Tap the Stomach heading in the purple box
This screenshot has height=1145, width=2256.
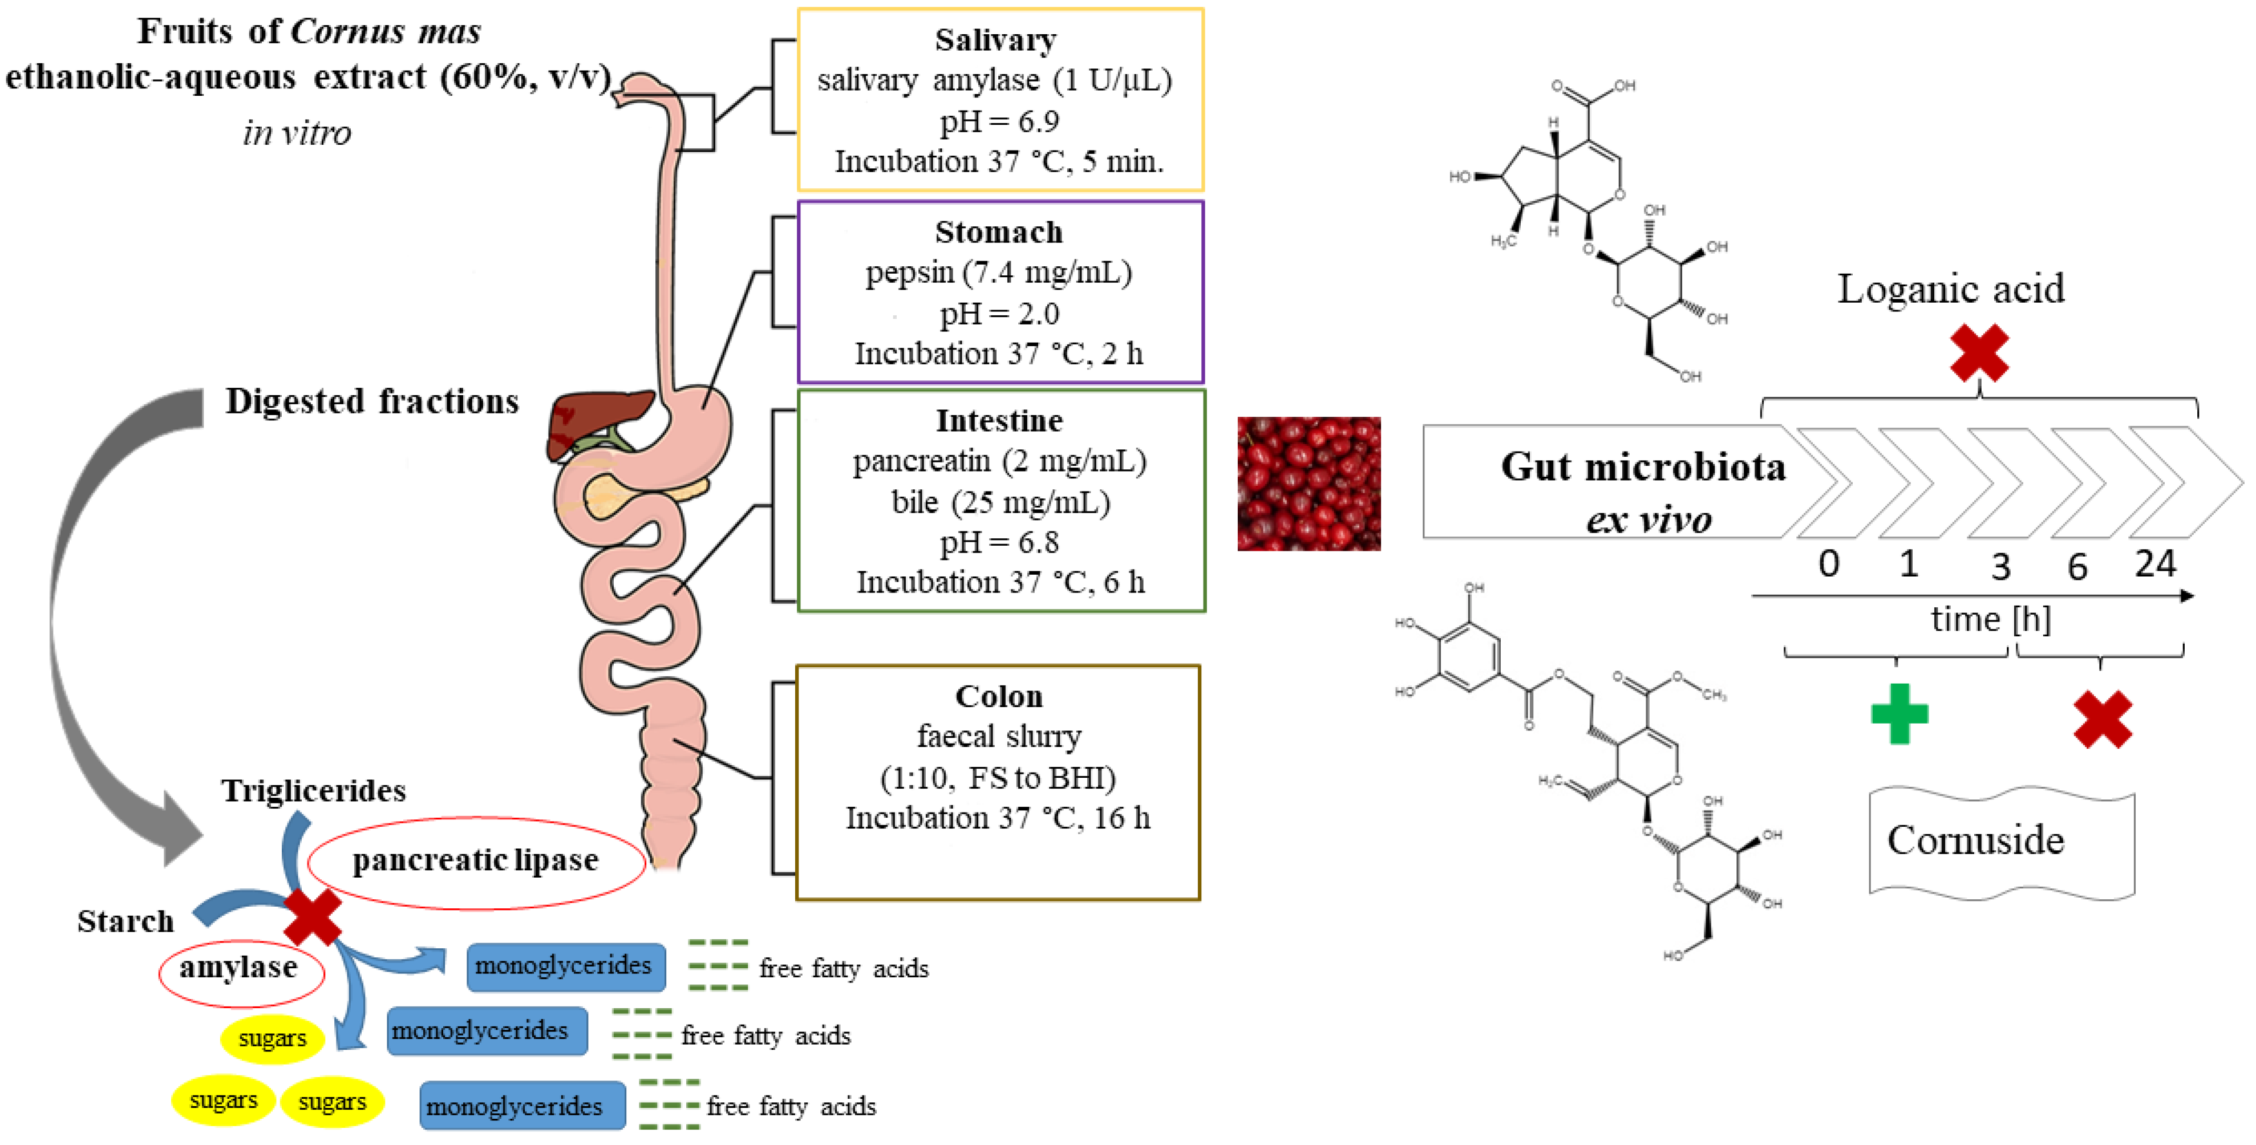(x=998, y=232)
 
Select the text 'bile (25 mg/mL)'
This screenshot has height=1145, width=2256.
(x=1000, y=502)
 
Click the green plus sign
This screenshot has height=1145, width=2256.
(x=1899, y=713)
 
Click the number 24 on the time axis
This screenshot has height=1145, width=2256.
(x=2154, y=564)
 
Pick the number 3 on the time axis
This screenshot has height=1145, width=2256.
(x=2000, y=567)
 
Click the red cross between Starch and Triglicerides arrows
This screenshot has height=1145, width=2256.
(x=313, y=916)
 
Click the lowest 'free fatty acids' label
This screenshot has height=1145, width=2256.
(x=790, y=1106)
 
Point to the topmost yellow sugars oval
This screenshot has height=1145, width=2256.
(x=272, y=1038)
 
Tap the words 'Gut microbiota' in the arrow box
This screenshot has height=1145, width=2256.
(x=1642, y=466)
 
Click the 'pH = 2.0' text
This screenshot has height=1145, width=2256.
(x=998, y=314)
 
